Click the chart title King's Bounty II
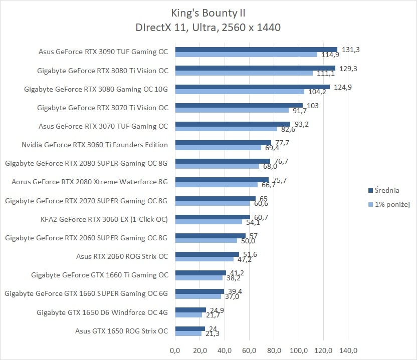pos(208,13)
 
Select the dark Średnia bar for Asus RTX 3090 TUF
pos(256,49)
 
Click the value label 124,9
pos(343,87)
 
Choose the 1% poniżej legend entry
pos(389,204)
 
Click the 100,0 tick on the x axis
pos(299,349)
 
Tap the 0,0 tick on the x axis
pos(175,349)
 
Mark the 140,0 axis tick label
pos(348,349)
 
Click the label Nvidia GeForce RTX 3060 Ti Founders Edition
pos(95,145)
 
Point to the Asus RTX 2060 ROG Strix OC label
pos(122,256)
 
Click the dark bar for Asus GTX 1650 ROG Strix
pos(190,328)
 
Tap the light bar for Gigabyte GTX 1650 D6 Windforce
pos(188,315)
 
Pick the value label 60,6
pos(261,203)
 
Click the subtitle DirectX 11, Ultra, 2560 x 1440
pos(208,27)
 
